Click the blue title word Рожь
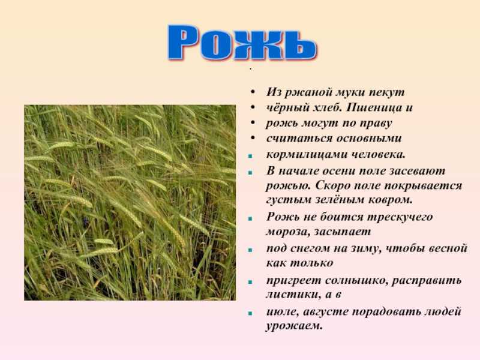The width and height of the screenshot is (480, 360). tap(242, 42)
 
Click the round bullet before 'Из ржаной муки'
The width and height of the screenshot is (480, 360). tap(253, 92)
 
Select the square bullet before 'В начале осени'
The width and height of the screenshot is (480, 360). tap(250, 173)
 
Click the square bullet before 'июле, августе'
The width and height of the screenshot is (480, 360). tap(250, 313)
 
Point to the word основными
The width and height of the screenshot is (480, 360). tap(369, 139)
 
